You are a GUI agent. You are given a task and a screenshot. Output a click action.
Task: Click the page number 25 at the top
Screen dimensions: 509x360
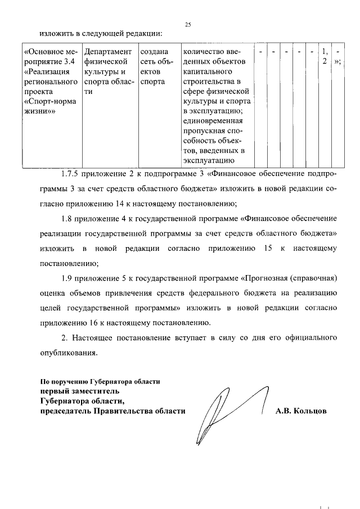[x=187, y=24]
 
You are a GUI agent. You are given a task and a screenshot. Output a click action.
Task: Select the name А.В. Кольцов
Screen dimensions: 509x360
[x=300, y=411]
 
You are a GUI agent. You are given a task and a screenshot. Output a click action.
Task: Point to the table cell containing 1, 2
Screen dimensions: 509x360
[x=325, y=57]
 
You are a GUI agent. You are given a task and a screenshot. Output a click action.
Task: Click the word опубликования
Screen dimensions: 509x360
[x=65, y=353]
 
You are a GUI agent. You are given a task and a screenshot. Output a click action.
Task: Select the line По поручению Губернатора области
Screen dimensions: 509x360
[x=100, y=381]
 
